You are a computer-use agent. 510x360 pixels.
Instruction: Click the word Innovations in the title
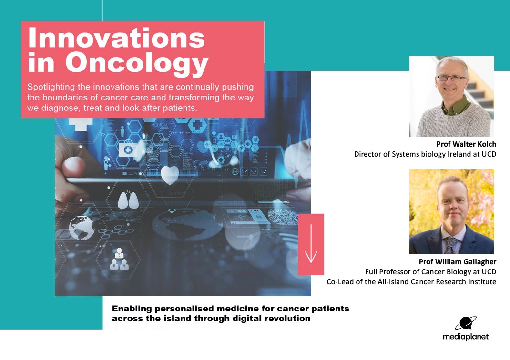tap(116, 38)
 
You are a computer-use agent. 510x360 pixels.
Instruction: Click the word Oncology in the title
tap(137, 63)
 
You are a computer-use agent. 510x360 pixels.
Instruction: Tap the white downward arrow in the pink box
tap(311, 243)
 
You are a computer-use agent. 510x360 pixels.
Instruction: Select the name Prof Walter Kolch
tap(466, 144)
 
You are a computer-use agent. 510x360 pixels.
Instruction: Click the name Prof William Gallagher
tap(457, 261)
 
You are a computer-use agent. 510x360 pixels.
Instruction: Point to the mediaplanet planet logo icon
tap(466, 323)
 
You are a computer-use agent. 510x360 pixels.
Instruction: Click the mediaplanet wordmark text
tap(466, 337)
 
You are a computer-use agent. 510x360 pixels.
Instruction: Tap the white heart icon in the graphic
tap(170, 175)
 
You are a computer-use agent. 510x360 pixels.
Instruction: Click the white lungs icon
tap(128, 200)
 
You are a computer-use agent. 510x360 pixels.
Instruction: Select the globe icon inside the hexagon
tap(82, 228)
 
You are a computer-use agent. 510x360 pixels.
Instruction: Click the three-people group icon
tap(119, 259)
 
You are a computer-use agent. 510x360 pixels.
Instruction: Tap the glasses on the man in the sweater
tap(451, 78)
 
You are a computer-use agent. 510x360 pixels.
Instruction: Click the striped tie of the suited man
tap(451, 245)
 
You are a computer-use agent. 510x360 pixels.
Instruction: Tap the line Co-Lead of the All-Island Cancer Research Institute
tap(411, 282)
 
